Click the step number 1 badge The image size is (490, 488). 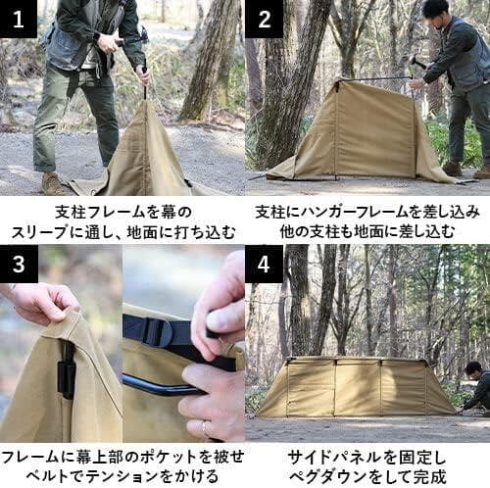tap(19, 19)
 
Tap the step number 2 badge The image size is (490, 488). tap(264, 19)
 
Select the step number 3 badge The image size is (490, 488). tap(19, 265)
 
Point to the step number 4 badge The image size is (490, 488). tap(264, 265)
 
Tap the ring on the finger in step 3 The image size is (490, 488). tap(206, 428)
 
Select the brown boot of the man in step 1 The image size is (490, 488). tap(54, 183)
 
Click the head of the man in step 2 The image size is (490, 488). tap(435, 12)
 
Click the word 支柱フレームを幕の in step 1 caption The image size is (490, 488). tap(122, 211)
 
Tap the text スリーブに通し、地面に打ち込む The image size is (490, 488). tap(122, 232)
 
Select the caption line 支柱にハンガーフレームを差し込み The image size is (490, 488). tap(367, 211)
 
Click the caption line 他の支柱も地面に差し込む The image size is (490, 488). tap(367, 232)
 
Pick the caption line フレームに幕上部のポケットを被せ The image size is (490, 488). tap(122, 457)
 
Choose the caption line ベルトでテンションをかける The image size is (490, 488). tap(122, 477)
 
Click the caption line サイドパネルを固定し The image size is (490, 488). tap(367, 457)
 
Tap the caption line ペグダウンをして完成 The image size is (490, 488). tap(367, 477)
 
